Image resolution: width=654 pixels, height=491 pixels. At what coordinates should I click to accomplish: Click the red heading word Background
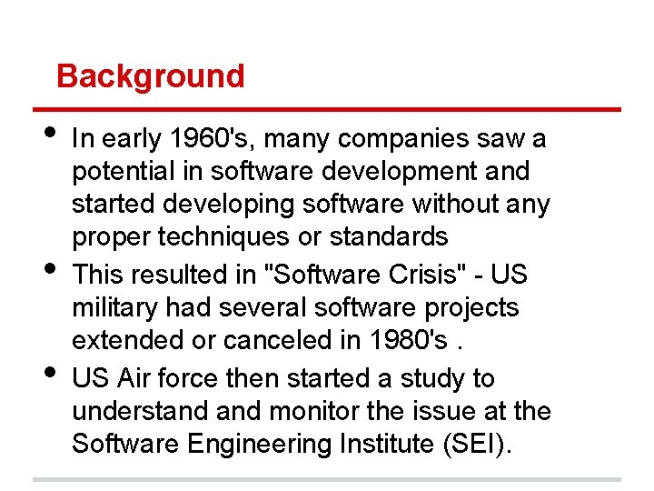point(150,76)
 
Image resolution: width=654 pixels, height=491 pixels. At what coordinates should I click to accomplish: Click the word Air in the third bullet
point(129,377)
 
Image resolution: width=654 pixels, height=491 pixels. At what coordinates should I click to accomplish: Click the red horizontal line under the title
point(327,110)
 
